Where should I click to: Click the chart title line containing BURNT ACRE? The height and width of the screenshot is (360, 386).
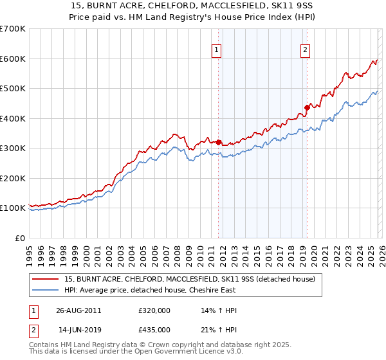(x=193, y=6)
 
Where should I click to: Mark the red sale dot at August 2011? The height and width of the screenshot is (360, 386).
(x=219, y=142)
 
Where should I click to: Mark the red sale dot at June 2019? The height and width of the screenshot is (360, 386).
(x=307, y=108)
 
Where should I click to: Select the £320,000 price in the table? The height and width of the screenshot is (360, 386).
(x=154, y=310)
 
